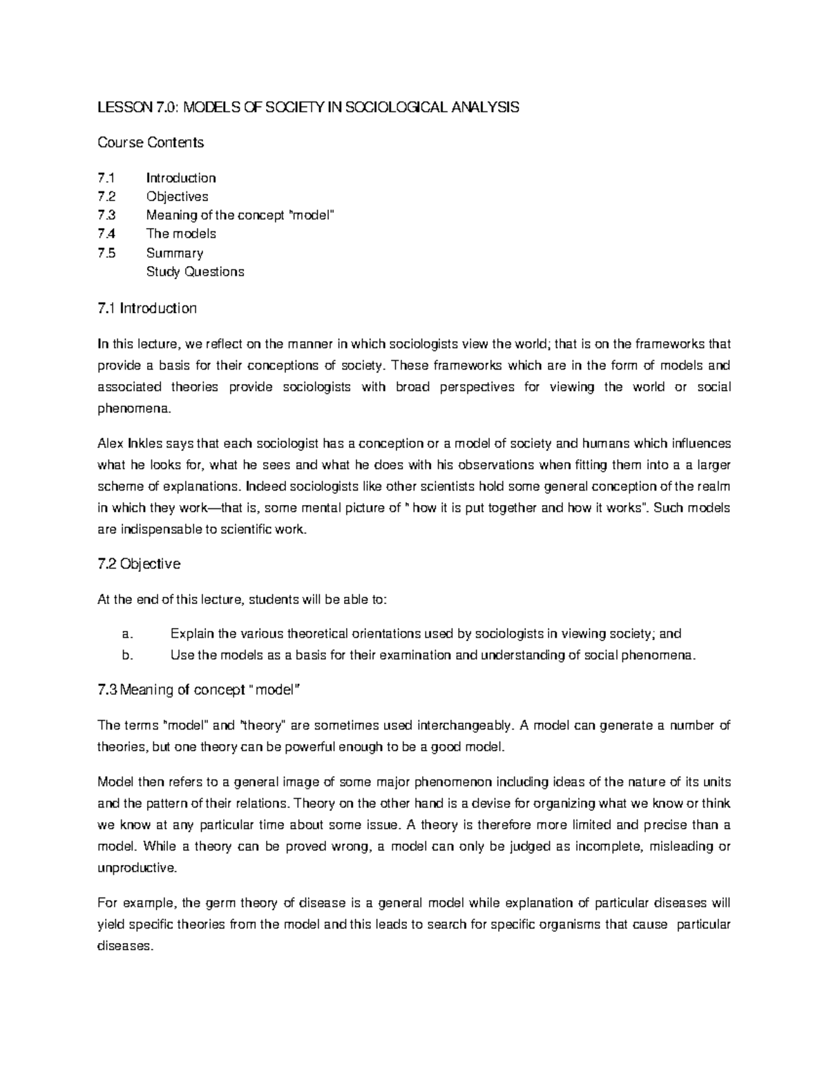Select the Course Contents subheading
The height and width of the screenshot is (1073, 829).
point(151,142)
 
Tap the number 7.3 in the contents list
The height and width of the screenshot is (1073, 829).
point(107,215)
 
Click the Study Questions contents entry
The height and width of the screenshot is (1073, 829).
point(195,272)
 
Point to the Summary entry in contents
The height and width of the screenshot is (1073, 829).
point(174,253)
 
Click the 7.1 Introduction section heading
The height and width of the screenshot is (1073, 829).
point(147,308)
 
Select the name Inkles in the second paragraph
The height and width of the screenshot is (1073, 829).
point(144,444)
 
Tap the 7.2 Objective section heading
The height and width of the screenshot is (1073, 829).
point(139,564)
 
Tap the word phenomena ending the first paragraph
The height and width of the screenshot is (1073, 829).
point(132,409)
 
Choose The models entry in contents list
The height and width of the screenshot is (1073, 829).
point(181,234)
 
